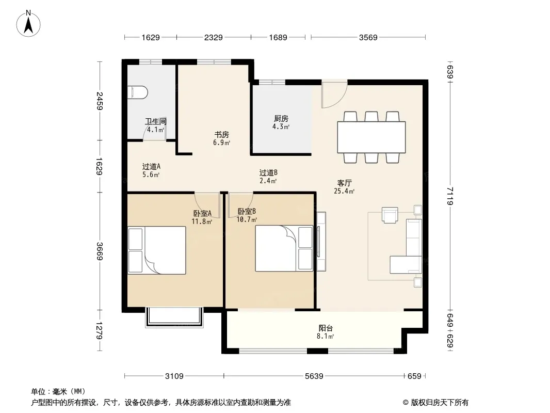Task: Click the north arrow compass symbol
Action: (x=28, y=24)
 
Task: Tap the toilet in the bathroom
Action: (x=137, y=92)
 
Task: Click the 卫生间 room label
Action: (x=156, y=121)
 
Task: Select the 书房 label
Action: (x=222, y=134)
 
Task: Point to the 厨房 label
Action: (x=281, y=119)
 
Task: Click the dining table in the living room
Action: (x=371, y=137)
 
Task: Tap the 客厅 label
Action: (x=345, y=183)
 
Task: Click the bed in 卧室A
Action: (x=157, y=250)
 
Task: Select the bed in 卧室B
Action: (x=284, y=248)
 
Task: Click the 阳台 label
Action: (x=326, y=328)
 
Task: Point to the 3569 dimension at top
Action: (x=368, y=38)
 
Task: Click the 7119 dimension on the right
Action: (x=450, y=196)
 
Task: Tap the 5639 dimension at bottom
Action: (x=314, y=376)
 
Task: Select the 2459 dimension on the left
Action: (x=100, y=101)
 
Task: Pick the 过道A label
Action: (x=151, y=166)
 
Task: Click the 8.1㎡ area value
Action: (x=325, y=336)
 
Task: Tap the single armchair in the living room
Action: (x=390, y=215)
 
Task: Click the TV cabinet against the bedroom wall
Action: (x=321, y=242)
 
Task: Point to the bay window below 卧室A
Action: (x=174, y=317)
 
